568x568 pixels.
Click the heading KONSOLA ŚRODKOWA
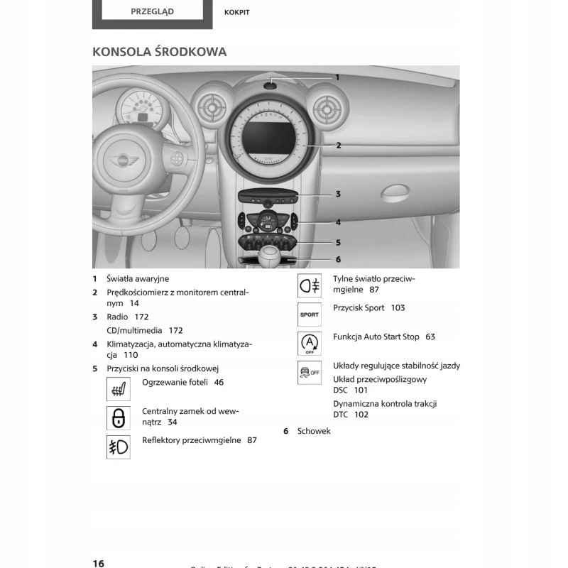[160, 52]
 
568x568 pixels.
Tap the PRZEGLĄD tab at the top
[152, 11]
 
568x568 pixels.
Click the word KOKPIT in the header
[236, 12]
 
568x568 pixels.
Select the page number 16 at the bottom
[99, 563]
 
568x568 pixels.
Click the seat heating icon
[119, 388]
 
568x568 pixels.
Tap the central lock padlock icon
[119, 417]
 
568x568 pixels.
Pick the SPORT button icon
[309, 314]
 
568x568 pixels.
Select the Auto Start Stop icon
[309, 343]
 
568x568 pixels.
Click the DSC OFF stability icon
[309, 372]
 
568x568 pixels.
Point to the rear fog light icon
[309, 285]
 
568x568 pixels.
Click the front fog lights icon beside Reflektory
[119, 447]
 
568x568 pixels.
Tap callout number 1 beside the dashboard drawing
[337, 77]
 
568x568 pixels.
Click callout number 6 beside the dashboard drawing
[338, 259]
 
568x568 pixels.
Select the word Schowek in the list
[314, 431]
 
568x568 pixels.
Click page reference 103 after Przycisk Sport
[398, 308]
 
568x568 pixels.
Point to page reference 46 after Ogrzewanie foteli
[219, 382]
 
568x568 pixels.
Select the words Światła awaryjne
[138, 279]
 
